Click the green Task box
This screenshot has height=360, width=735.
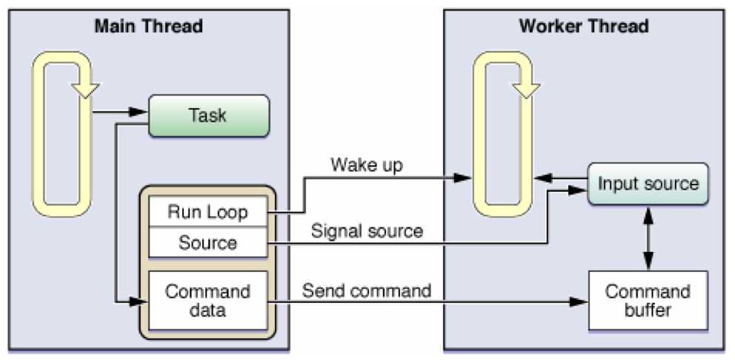click(207, 115)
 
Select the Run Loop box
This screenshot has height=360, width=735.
click(207, 213)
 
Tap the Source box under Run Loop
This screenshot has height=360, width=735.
click(207, 242)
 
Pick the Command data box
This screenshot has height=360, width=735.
click(207, 301)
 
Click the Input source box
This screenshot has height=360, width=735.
click(648, 183)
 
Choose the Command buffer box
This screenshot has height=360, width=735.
click(648, 300)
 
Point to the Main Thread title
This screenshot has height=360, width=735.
click(148, 27)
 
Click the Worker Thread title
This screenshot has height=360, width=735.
click(584, 27)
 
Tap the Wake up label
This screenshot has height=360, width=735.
click(366, 164)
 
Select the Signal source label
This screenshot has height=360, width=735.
click(366, 230)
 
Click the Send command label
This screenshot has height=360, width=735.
click(366, 290)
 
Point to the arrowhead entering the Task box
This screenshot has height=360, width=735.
click(141, 113)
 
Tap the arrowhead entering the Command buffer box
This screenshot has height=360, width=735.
click(581, 302)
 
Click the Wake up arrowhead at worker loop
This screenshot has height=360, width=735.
click(464, 178)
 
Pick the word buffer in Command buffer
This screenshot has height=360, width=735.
click(648, 310)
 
